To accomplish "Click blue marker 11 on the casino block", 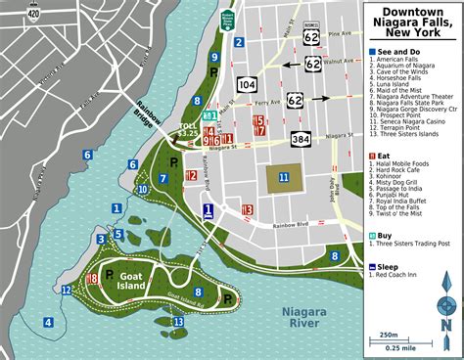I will click(x=283, y=177).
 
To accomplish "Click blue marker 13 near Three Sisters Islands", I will click(x=177, y=320).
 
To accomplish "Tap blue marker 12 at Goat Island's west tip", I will click(x=66, y=290).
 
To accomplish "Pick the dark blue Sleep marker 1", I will click(x=208, y=210).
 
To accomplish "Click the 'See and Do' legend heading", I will click(x=400, y=51).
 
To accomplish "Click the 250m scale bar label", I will click(x=403, y=336).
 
